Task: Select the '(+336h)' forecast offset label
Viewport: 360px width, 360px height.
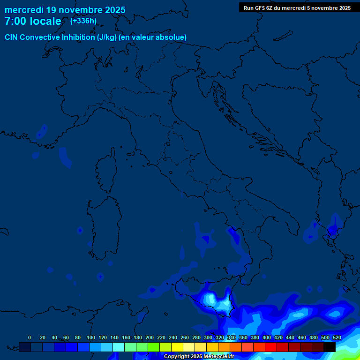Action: (83, 21)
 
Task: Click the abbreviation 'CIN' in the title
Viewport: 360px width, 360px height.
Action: (11, 37)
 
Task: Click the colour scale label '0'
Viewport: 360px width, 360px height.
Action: (30, 337)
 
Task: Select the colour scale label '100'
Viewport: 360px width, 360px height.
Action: (90, 337)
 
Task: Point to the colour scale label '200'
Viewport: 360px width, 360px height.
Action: (150, 337)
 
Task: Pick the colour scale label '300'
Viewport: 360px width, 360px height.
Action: (208, 337)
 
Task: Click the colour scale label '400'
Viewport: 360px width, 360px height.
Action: (267, 337)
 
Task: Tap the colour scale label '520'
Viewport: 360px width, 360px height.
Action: (337, 337)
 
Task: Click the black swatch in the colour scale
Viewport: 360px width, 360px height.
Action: (330, 347)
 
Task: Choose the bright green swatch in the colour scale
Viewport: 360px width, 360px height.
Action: (154, 347)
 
